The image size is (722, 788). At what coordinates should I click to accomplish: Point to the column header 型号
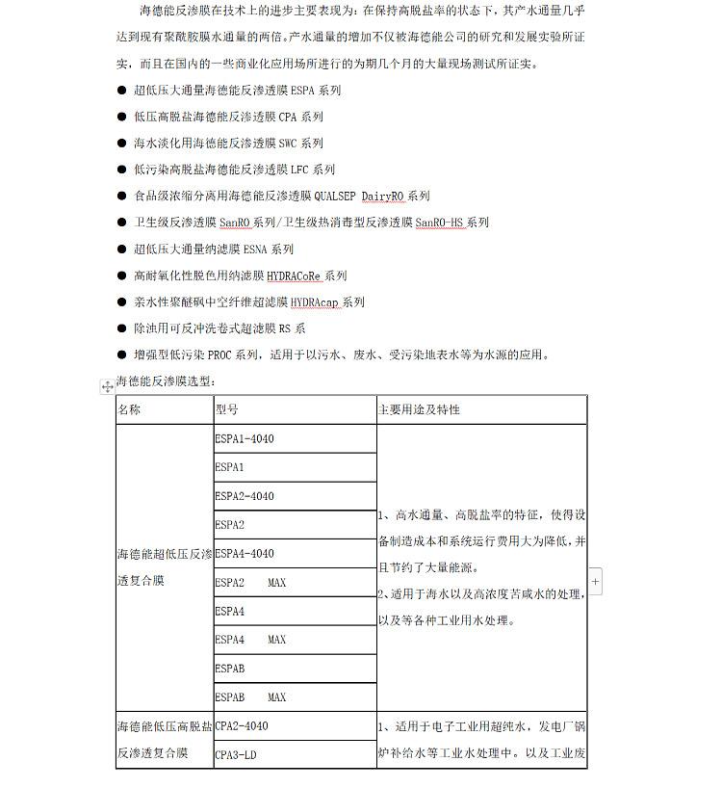click(227, 409)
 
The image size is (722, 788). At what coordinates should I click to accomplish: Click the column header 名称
click(129, 409)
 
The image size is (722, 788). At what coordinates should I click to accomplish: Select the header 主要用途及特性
click(419, 409)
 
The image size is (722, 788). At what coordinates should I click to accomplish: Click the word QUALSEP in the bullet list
click(335, 196)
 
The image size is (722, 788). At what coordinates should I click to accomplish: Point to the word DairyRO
click(383, 196)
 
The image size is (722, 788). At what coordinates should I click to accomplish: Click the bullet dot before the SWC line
click(122, 144)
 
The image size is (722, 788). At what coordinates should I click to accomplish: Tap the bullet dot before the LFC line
click(122, 170)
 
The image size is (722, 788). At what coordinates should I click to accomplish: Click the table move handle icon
click(108, 387)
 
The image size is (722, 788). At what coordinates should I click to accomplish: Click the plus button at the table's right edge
click(595, 582)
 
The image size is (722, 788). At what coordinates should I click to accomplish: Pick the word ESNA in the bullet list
click(256, 250)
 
